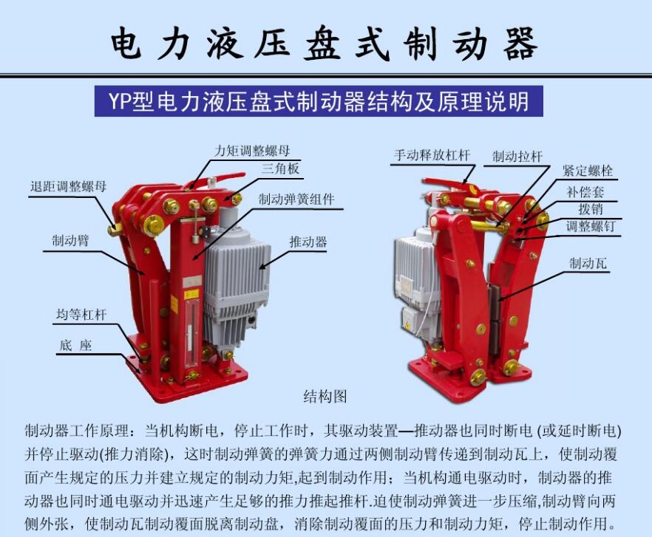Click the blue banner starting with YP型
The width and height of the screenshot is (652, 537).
(319, 101)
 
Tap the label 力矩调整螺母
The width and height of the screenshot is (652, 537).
(252, 151)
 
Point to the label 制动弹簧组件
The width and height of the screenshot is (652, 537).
(296, 199)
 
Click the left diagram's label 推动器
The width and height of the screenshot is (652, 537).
(308, 242)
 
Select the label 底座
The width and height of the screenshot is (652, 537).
(75, 345)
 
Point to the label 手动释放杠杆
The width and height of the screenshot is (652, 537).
(432, 156)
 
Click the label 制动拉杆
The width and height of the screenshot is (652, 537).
(517, 157)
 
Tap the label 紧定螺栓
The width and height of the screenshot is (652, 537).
(587, 171)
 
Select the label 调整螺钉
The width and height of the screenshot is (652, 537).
(590, 227)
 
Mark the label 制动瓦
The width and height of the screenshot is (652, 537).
(588, 263)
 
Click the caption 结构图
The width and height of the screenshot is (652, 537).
(325, 396)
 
